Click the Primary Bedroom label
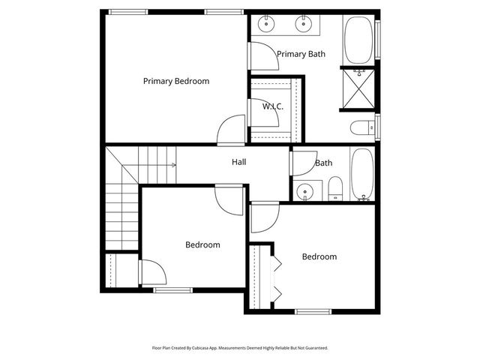tap(176, 81)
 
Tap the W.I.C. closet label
tap(272, 106)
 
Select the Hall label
tap(239, 162)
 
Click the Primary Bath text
tap(301, 54)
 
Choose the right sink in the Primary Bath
tap(304, 24)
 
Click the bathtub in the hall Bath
tap(362, 174)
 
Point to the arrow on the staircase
tap(174, 164)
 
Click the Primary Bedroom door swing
tap(232, 130)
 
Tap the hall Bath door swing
tap(303, 163)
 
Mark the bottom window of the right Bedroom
tap(313, 311)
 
